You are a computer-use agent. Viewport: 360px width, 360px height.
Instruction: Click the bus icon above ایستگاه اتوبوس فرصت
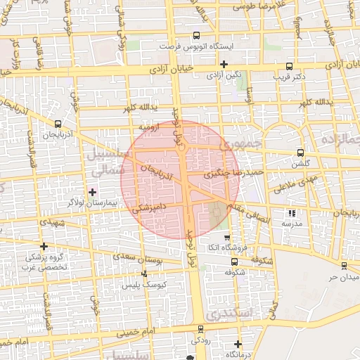tap(195, 34)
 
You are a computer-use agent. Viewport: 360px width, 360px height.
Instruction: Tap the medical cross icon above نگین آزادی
tap(224, 64)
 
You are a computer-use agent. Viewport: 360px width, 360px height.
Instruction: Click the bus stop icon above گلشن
tap(300, 152)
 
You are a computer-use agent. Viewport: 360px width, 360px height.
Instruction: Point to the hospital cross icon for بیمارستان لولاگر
tap(92, 191)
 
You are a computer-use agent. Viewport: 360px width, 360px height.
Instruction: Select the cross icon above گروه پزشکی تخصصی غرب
tap(44, 246)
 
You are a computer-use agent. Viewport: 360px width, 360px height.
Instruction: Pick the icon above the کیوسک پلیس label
tap(145, 274)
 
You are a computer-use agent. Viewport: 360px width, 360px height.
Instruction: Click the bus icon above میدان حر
tap(343, 265)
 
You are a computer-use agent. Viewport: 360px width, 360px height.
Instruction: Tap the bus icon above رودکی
tap(200, 329)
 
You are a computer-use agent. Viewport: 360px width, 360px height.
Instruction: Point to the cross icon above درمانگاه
tap(238, 345)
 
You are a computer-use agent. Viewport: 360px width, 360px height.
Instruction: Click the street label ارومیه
tap(148, 127)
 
